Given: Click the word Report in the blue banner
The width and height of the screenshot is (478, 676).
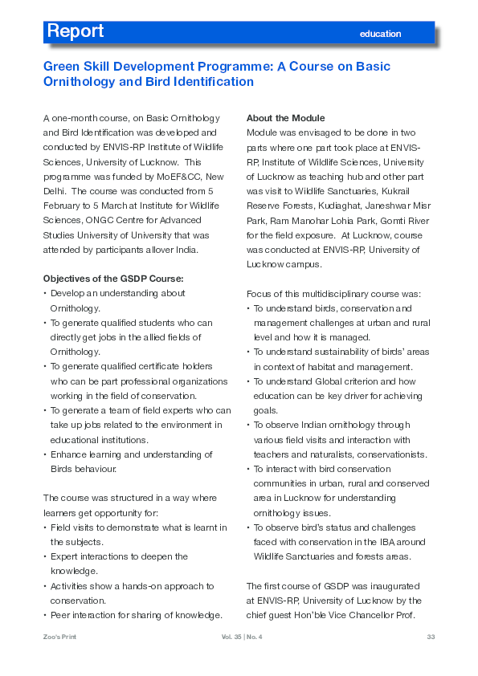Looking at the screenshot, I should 76,31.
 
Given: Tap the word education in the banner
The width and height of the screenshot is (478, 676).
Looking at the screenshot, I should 380,34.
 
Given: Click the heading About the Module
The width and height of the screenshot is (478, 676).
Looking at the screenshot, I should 285,118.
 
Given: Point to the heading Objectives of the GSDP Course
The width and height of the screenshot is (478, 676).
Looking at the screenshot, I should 113,279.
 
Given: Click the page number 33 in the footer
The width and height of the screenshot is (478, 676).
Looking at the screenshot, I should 431,637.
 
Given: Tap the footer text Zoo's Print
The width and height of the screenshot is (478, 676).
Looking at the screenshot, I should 61,637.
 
